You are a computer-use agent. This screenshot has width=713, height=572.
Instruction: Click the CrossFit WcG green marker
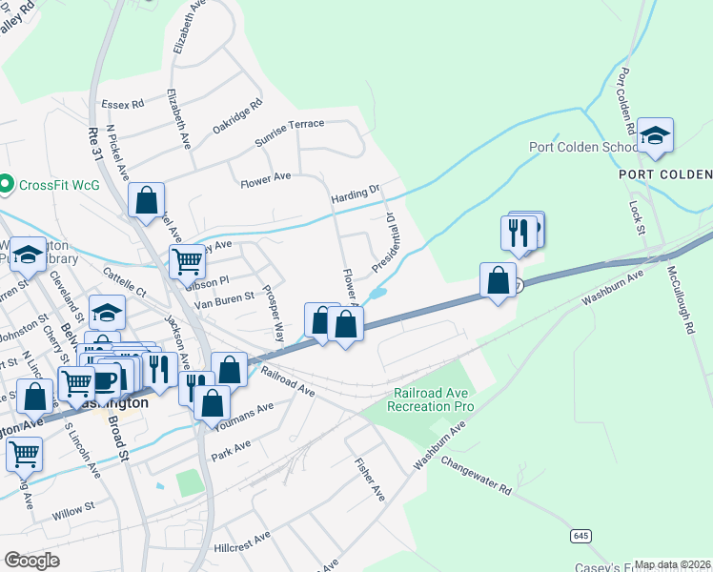point(6,183)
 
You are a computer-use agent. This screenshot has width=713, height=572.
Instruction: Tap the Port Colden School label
point(583,148)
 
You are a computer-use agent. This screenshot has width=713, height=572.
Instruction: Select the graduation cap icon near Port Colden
point(655,135)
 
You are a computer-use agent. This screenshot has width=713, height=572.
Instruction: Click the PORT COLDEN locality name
point(664,174)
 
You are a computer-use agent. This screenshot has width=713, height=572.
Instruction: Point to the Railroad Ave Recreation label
point(430,400)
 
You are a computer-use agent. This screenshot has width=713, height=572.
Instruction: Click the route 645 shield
point(580,536)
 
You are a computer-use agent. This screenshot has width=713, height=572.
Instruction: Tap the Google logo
point(31,561)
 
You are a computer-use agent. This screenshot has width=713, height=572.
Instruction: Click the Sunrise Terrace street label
point(289,133)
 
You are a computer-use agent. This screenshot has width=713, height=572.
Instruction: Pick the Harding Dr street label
point(355,194)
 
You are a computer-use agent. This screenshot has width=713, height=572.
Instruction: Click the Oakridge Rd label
point(236,118)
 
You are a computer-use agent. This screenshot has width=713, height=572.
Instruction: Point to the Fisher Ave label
point(369,480)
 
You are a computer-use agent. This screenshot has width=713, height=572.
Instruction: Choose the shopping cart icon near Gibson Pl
point(188,261)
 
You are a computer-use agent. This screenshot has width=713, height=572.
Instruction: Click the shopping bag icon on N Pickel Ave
point(146,201)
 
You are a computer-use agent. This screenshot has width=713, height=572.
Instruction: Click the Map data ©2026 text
point(672,564)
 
